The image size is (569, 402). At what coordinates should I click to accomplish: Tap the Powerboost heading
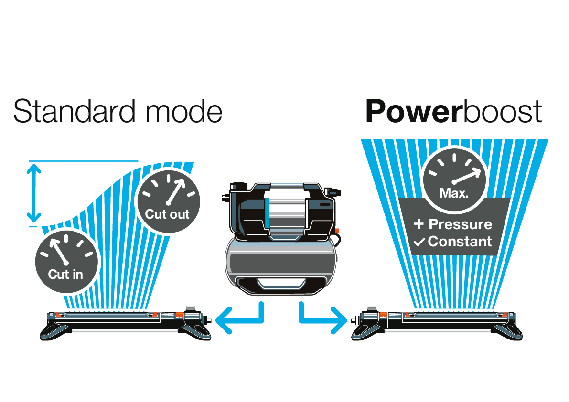453,112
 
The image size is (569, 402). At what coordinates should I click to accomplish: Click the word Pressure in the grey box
460,224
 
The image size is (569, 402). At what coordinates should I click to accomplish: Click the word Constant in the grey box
460,242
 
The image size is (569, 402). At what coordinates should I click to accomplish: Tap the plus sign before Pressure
419,224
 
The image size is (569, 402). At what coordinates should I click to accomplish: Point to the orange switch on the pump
337,231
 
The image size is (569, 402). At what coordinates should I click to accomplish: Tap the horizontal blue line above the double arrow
84,161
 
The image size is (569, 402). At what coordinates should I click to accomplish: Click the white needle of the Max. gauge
467,176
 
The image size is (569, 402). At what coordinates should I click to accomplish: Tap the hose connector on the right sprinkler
356,319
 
